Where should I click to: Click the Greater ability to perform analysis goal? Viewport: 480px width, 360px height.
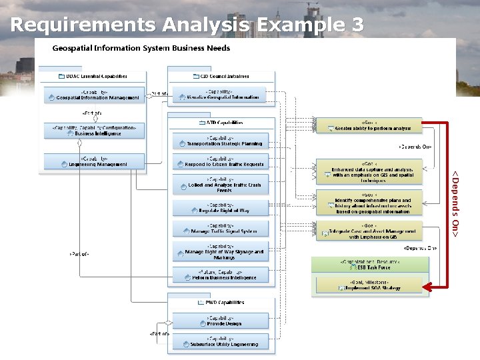pos(369,125)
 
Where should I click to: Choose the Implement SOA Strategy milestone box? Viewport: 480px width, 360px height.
pos(369,286)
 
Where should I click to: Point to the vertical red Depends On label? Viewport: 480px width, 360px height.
pos(455,203)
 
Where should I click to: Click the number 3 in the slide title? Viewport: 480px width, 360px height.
pos(357,25)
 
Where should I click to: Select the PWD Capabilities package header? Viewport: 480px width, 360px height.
pos(221,302)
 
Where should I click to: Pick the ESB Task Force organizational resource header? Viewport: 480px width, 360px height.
pos(369,265)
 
